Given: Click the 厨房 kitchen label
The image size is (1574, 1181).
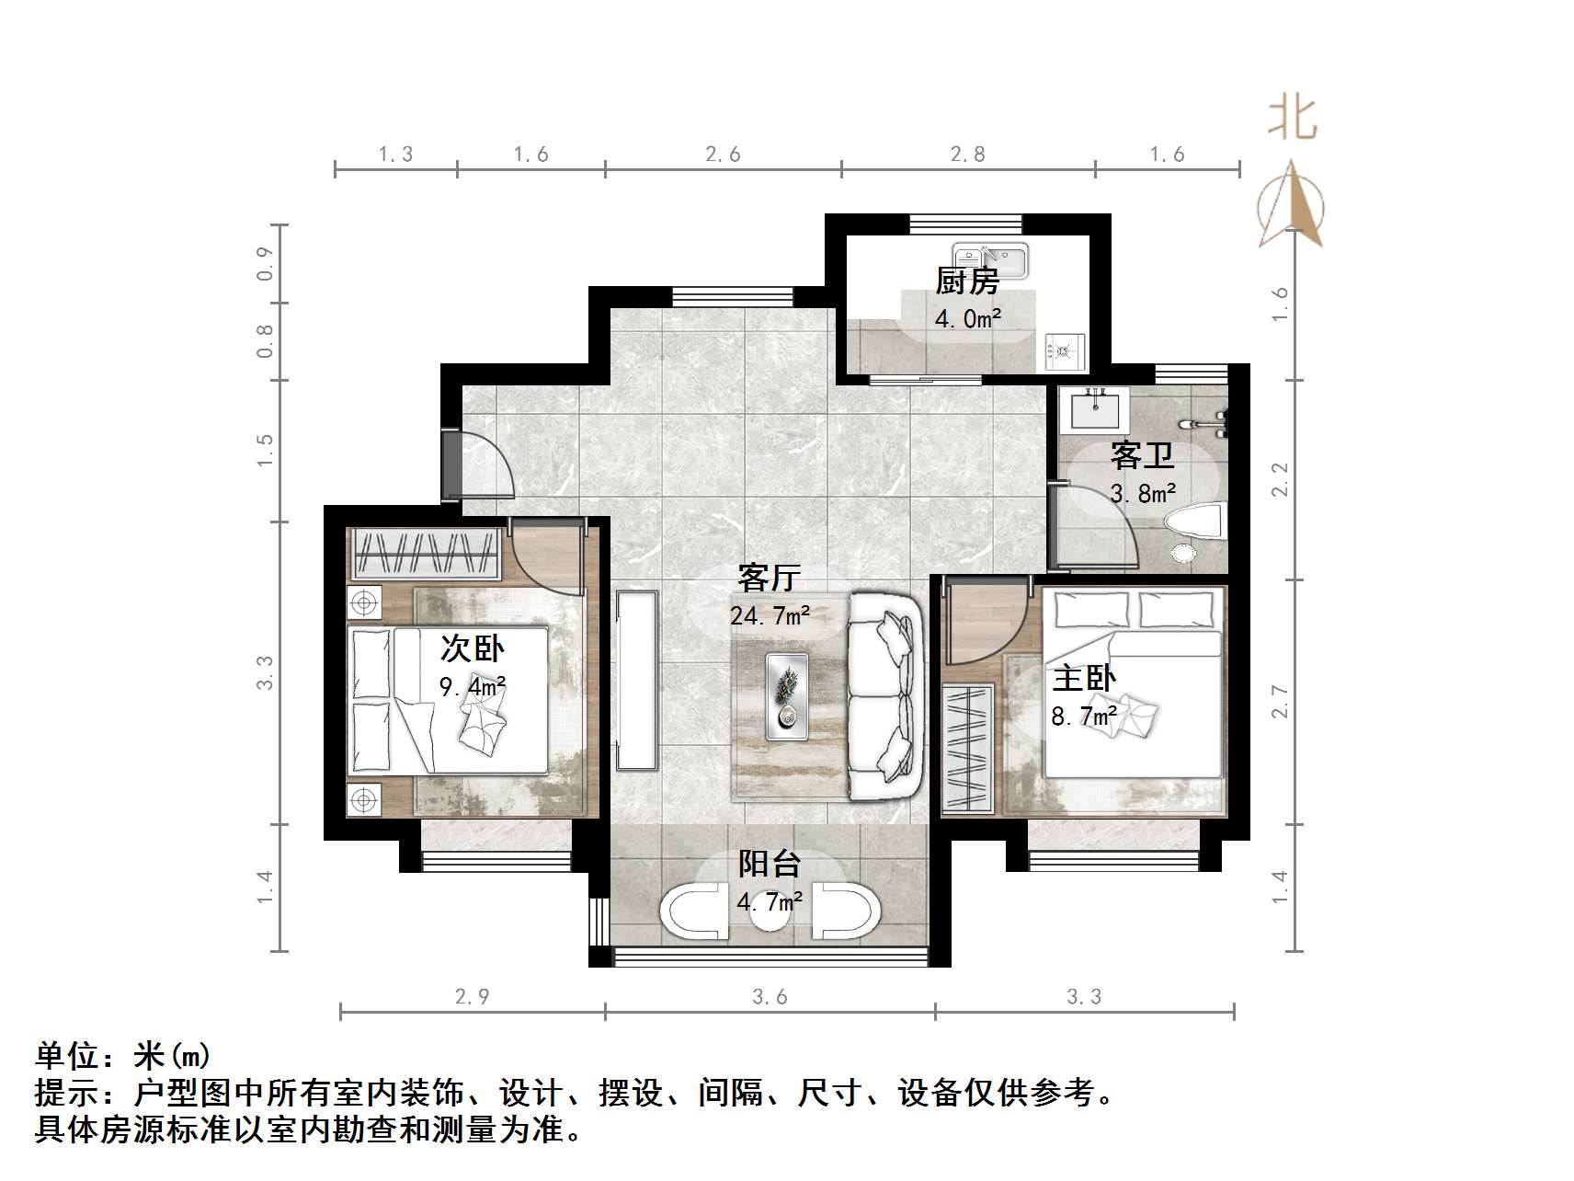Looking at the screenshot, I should pos(967,281).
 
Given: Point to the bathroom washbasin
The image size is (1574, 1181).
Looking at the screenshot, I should pos(1094,408).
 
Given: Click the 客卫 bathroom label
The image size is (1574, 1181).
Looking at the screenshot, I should pos(1142,455).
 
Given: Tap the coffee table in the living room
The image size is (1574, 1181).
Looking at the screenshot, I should pos(787,696).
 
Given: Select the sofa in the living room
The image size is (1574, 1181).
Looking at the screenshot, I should pos(884,695).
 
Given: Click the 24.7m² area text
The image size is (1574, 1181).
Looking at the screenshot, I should pos(770,614).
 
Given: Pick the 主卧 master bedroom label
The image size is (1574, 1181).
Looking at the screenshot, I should pos(1084,679).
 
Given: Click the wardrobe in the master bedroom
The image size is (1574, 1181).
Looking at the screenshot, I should pos(967,747).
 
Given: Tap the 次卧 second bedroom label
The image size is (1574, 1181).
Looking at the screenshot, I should pos(472,648).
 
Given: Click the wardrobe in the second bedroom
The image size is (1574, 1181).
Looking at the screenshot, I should pos(425,554).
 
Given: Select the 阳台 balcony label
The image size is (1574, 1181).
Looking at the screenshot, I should pos(770,864).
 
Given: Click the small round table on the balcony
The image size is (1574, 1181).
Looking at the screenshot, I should pos(770,912).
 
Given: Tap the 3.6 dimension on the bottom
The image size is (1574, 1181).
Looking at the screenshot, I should pos(770,996).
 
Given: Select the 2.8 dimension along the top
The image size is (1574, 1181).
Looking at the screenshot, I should pos(967,155).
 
